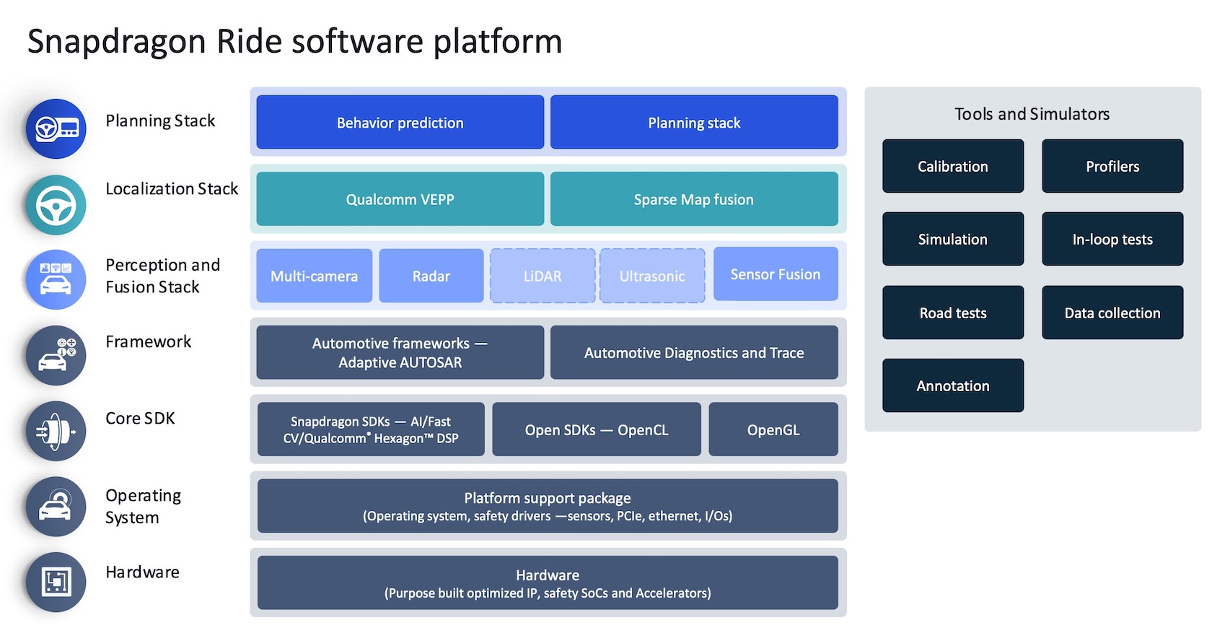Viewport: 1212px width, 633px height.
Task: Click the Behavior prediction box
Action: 400,123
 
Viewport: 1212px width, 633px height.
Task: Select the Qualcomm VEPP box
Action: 400,198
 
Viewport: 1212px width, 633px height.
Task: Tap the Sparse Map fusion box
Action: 694,198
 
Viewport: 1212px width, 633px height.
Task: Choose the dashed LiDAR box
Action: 543,276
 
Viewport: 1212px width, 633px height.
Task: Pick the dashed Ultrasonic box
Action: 652,276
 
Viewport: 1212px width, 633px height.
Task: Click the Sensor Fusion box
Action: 776,274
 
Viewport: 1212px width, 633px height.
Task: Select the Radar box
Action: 431,276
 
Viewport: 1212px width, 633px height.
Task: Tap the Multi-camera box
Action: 315,276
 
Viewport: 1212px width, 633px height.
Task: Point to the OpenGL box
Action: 773,429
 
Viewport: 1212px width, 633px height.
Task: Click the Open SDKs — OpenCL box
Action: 597,429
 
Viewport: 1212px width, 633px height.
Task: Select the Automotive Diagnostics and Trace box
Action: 694,352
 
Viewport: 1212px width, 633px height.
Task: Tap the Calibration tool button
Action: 953,166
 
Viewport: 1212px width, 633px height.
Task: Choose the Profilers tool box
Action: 1112,166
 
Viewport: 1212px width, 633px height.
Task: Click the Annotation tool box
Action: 953,385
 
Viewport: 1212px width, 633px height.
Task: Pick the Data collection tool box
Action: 1112,313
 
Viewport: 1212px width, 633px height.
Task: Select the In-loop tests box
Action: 1112,239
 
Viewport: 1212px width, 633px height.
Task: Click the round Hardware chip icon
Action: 56,582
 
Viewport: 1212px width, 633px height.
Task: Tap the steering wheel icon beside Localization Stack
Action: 56,205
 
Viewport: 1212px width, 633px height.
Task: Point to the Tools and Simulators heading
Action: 1032,114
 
